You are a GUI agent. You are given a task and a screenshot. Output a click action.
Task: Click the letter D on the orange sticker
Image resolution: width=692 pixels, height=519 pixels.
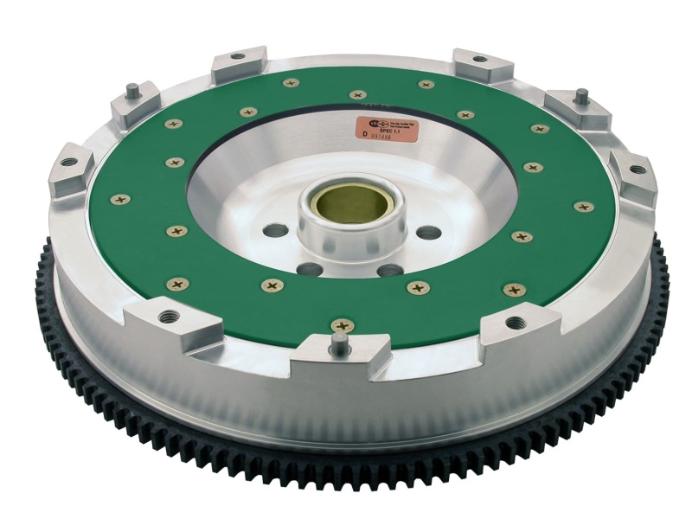point(365,135)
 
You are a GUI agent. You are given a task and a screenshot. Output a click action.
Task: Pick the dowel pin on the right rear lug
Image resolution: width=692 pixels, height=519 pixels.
point(582,94)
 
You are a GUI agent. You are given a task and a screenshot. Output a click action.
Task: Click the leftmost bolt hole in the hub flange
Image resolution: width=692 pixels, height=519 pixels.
point(275,231)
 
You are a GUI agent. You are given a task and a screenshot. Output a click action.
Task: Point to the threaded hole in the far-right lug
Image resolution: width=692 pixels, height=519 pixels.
point(638,169)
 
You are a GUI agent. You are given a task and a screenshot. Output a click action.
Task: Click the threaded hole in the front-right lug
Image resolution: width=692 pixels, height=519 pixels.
point(516,323)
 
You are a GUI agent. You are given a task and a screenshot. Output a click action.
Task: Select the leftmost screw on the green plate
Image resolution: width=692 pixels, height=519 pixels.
point(120,200)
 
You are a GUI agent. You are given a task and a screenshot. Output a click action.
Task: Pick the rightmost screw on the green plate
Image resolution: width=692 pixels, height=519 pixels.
point(584,207)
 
